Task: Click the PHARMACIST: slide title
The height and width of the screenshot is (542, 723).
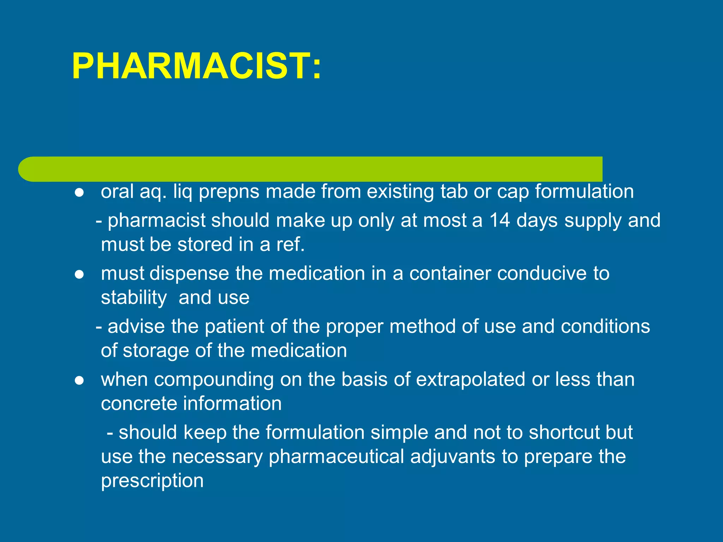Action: pos(196,66)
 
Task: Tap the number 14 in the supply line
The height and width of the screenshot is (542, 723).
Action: pos(499,221)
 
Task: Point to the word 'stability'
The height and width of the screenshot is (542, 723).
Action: pos(134,298)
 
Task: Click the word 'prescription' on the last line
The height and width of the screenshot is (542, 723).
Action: pos(152,481)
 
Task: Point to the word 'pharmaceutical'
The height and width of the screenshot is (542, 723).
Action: pos(336,457)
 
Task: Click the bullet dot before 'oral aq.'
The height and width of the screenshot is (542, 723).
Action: pos(79,193)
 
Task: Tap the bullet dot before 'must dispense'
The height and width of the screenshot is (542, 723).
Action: pos(79,275)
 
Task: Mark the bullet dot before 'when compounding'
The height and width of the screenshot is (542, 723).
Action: pos(79,380)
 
